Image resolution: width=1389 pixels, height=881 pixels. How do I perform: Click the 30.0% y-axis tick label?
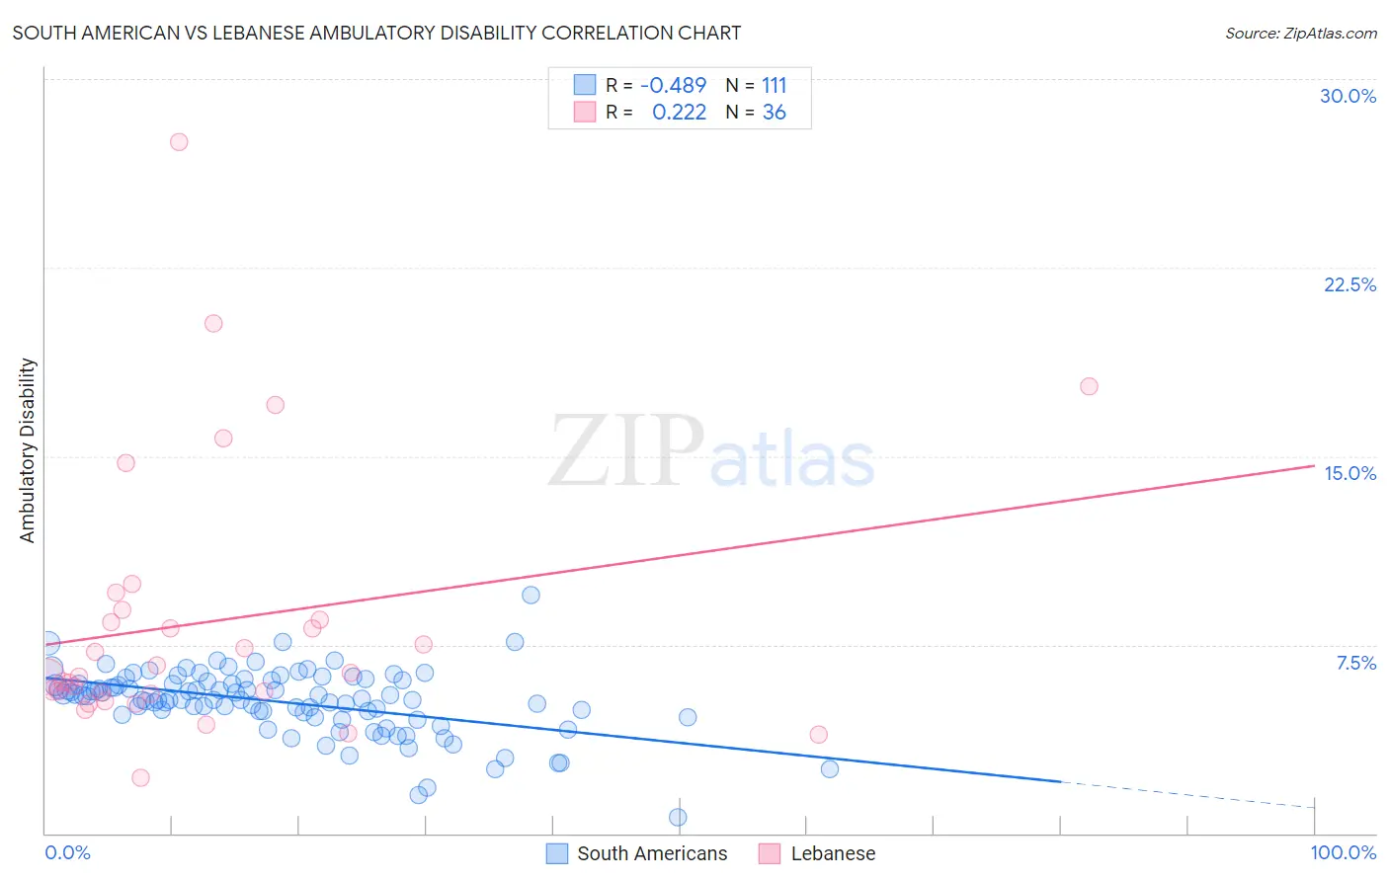1348,96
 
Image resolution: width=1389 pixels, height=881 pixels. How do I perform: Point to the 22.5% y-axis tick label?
1349,284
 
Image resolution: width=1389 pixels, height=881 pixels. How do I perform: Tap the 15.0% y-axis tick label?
1349,473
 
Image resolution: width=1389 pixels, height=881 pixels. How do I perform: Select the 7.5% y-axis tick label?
1355,663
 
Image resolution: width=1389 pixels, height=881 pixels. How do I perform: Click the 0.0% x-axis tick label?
67,852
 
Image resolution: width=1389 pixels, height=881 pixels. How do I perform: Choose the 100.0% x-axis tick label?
1343,852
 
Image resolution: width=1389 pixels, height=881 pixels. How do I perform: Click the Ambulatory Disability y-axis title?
28,449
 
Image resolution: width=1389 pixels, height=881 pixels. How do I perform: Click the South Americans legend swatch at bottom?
557,853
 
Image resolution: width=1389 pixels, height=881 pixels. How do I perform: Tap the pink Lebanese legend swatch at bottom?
770,853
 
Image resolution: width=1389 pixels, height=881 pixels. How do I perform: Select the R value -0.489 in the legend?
673,86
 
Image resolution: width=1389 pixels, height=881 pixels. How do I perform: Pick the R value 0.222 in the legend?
679,113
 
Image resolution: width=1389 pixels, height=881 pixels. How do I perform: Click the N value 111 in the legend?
774,86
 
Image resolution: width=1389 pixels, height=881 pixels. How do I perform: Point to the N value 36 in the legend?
774,113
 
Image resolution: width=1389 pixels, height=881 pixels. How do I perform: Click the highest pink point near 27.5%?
179,141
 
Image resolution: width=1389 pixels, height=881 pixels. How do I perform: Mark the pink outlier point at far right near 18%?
1089,386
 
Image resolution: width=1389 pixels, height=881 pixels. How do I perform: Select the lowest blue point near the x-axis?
678,817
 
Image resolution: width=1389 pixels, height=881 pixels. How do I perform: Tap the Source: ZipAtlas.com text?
1300,33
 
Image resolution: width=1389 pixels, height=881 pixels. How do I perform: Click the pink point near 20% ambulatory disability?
213,323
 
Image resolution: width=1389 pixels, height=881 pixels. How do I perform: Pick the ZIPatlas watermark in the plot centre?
711,452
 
